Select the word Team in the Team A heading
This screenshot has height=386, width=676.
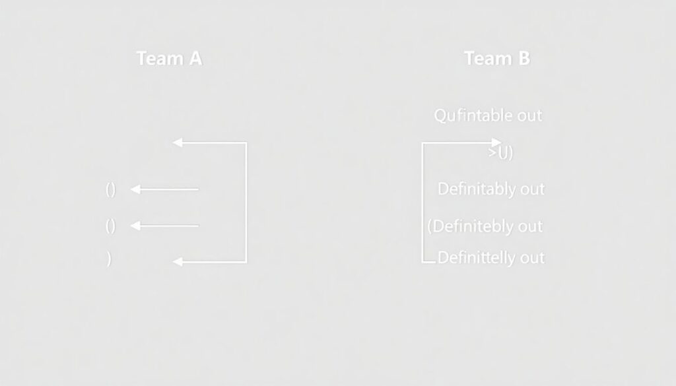pyautogui.click(x=158, y=59)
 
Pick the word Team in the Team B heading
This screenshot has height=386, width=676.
pyautogui.click(x=487, y=59)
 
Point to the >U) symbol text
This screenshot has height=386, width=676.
pyautogui.click(x=501, y=153)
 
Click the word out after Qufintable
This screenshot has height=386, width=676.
pyautogui.click(x=529, y=115)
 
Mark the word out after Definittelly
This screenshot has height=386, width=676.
pyautogui.click(x=532, y=257)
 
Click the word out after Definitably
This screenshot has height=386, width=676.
pyautogui.click(x=531, y=189)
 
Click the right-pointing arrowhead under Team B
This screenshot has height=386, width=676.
pyautogui.click(x=496, y=142)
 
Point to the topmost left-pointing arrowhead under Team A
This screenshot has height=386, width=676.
pyautogui.click(x=177, y=142)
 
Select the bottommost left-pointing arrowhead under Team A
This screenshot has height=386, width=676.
pyautogui.click(x=177, y=262)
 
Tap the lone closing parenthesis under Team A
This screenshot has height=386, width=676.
pyautogui.click(x=108, y=259)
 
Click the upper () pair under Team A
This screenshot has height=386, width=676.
pyautogui.click(x=110, y=190)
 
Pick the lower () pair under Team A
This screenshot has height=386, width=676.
pyautogui.click(x=110, y=226)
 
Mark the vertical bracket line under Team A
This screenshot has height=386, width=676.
pyautogui.click(x=246, y=202)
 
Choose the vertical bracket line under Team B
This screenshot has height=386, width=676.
pyautogui.click(x=422, y=202)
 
